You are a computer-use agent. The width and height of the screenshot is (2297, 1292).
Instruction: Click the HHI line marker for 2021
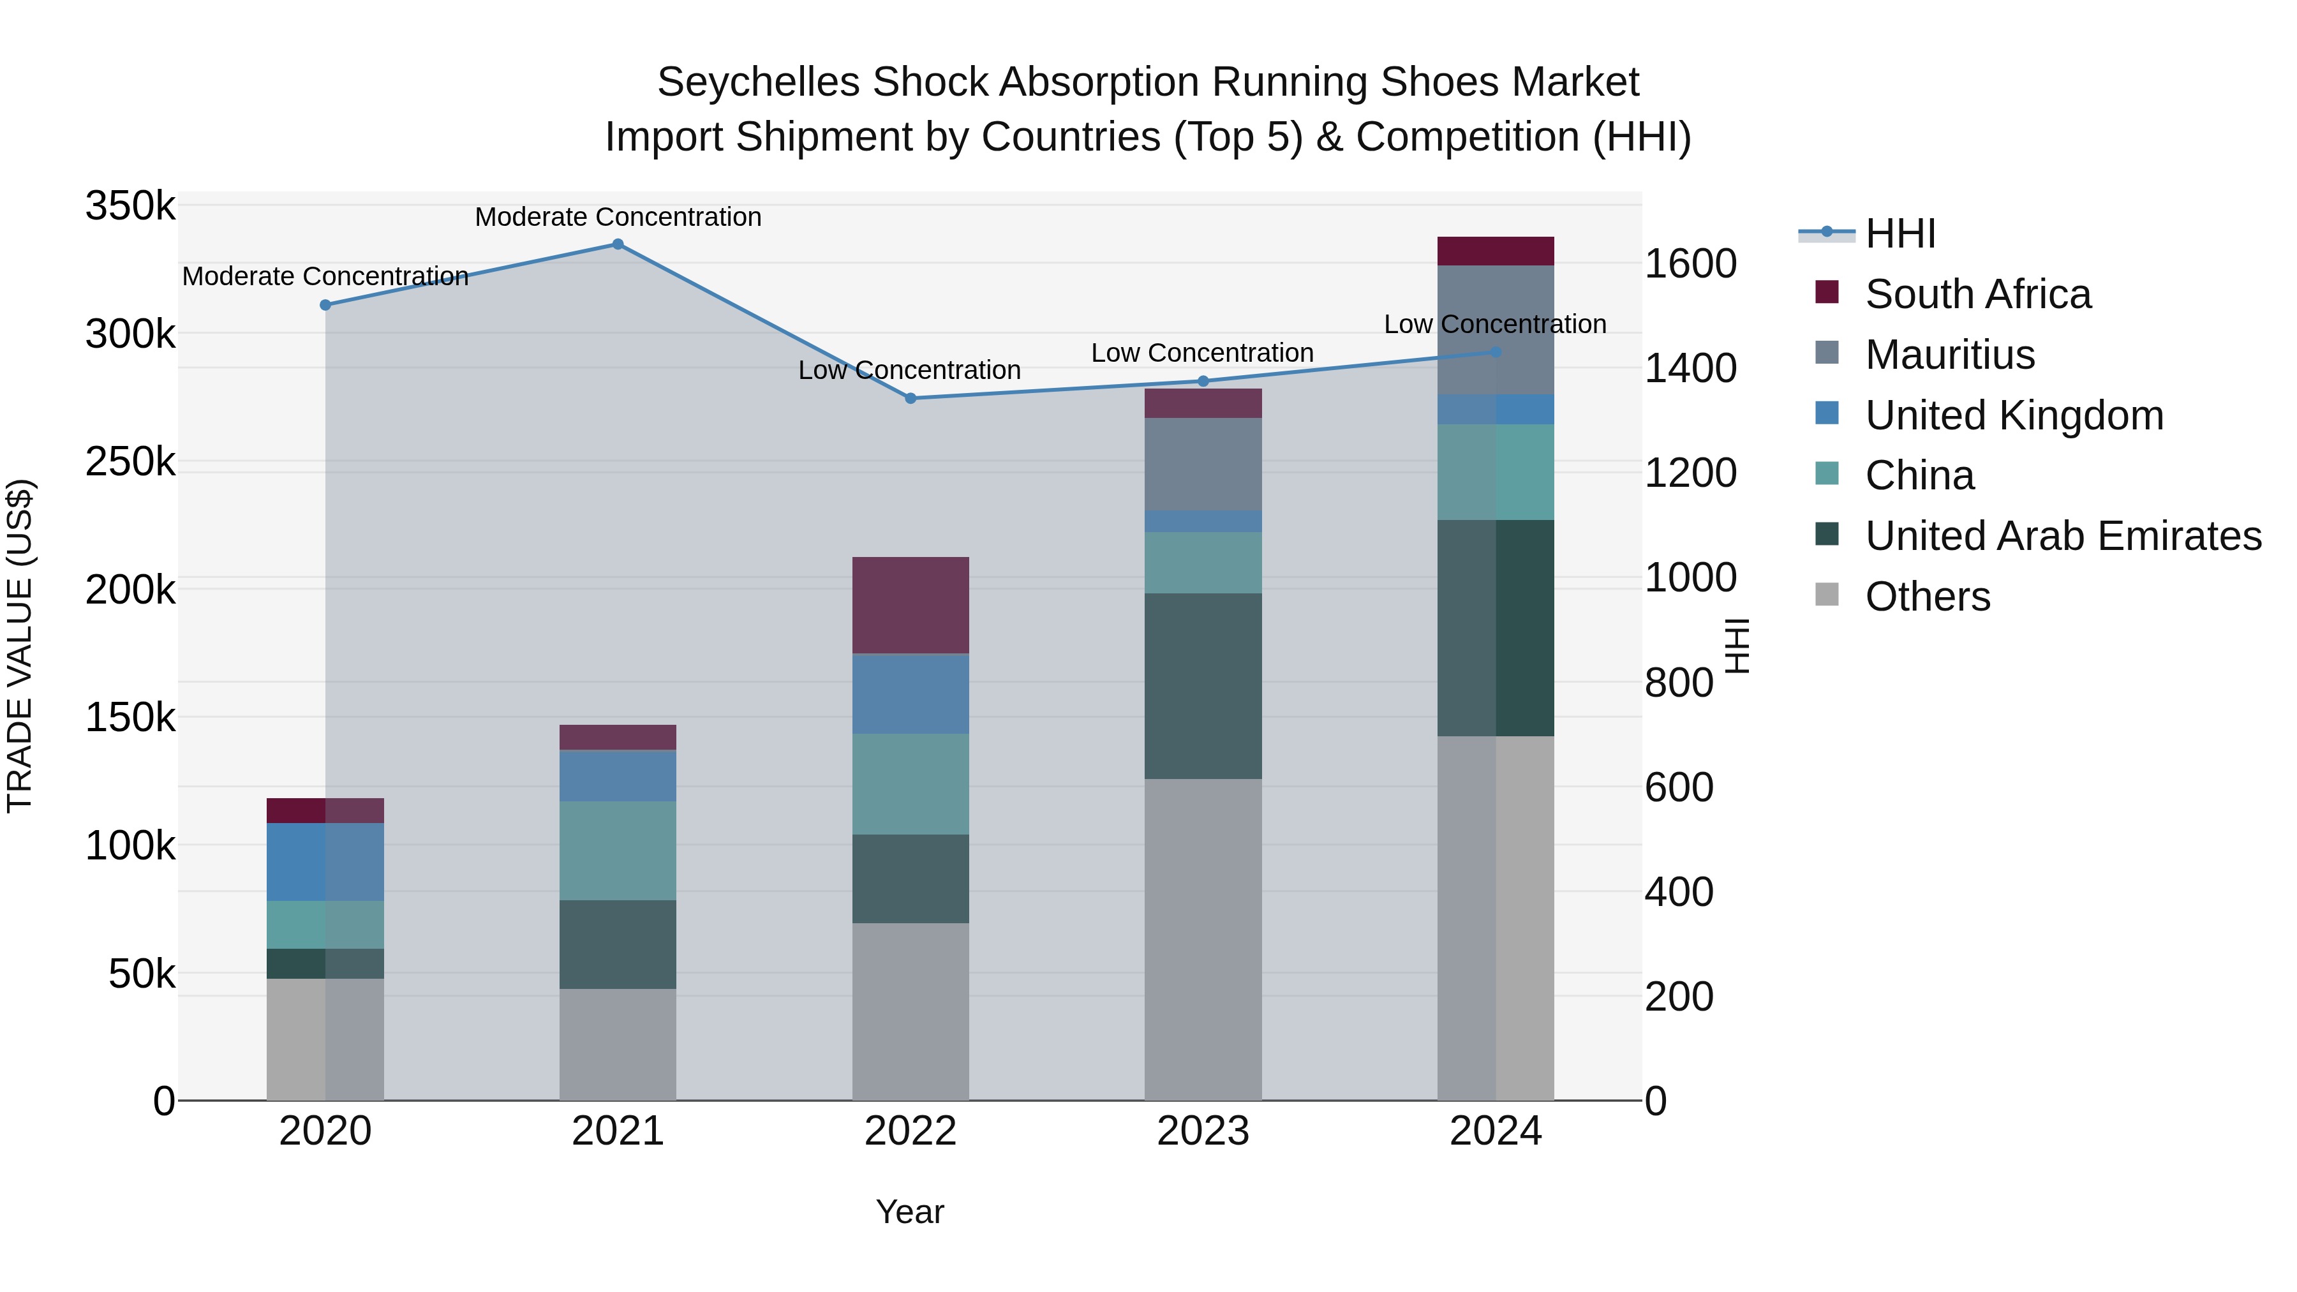click(x=618, y=244)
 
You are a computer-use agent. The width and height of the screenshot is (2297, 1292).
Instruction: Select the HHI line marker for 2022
click(x=911, y=399)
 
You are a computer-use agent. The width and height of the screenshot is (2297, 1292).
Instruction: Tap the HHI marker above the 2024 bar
click(x=1496, y=352)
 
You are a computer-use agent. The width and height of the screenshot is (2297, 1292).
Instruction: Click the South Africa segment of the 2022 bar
click(x=911, y=605)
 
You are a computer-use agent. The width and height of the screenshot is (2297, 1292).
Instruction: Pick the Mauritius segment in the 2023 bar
click(x=1203, y=464)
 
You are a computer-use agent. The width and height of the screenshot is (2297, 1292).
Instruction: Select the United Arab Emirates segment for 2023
click(x=1203, y=686)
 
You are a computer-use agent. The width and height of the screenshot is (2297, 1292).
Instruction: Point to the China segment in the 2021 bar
click(x=618, y=850)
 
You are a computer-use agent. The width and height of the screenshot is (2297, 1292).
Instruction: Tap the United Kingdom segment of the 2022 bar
click(x=911, y=694)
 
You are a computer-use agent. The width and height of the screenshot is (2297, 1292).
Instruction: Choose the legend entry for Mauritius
click(x=1949, y=355)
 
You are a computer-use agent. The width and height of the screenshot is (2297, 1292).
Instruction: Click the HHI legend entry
click(x=1899, y=234)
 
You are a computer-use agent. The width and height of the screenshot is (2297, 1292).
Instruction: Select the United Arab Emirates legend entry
click(x=2062, y=536)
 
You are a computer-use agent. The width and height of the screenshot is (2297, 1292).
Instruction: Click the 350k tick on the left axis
click(x=130, y=206)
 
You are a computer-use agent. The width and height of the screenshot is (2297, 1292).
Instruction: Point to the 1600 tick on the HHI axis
click(x=1690, y=264)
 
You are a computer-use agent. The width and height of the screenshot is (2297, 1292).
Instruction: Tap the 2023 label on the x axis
click(x=1203, y=1131)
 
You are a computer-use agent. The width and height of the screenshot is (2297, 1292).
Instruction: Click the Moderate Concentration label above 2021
click(x=618, y=217)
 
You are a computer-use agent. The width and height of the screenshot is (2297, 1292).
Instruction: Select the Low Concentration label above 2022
click(x=909, y=370)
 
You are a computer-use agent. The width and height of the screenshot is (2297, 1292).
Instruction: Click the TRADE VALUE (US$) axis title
click(x=20, y=646)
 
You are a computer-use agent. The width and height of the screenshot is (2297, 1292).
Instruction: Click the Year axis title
click(x=909, y=1212)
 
